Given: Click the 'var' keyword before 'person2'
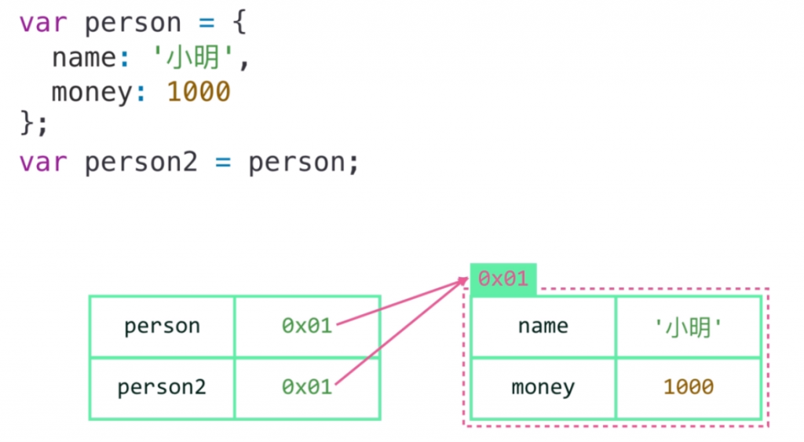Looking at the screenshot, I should tap(43, 163).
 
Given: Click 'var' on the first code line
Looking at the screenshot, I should tap(43, 24).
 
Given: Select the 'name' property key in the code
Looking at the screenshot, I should tap(83, 58).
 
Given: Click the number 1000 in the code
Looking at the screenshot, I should tap(199, 93).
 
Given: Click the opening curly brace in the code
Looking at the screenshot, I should tap(240, 24).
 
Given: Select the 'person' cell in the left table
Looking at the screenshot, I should tap(162, 326).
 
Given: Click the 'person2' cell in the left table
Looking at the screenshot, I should tap(162, 388).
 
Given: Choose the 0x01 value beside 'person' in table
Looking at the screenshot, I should tap(307, 326).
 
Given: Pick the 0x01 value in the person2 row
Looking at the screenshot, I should tap(307, 388).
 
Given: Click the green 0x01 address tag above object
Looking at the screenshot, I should tap(502, 279).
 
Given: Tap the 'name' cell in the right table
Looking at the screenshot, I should tap(543, 326).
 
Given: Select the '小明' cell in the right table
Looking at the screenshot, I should tap(688, 327).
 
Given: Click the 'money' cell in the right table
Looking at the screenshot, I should tap(543, 387).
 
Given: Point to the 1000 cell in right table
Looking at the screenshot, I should tap(688, 387).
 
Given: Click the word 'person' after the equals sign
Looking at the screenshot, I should tap(298, 163).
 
